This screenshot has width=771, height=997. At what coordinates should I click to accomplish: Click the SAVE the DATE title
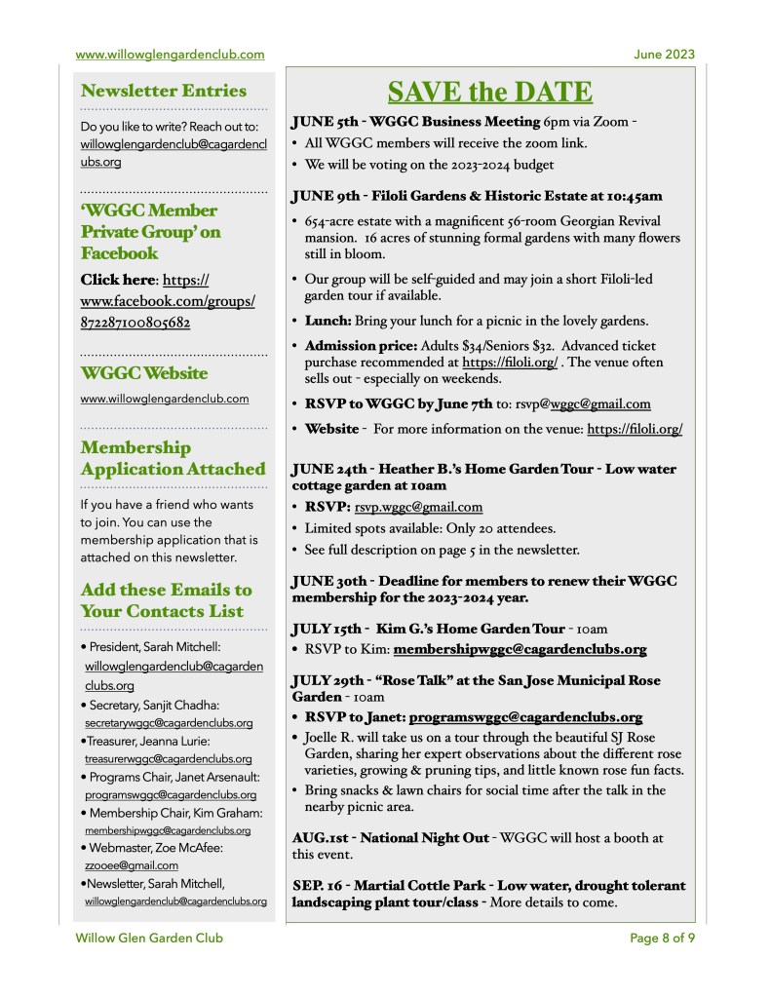[x=489, y=93]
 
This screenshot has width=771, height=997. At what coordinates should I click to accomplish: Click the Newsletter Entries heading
[x=164, y=91]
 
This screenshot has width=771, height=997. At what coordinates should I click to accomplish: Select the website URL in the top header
[x=170, y=55]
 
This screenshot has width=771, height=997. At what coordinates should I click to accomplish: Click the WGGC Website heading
[x=144, y=373]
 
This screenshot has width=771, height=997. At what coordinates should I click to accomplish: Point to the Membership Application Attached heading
[x=173, y=458]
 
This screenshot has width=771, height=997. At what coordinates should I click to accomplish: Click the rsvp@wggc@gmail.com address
[x=583, y=403]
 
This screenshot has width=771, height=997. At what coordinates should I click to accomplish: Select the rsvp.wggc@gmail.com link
[x=420, y=507]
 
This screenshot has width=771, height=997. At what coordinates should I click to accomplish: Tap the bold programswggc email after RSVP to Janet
[x=525, y=716]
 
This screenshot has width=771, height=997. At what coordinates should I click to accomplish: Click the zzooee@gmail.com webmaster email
[x=132, y=864]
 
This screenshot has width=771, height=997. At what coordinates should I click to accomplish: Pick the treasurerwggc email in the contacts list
[x=169, y=758]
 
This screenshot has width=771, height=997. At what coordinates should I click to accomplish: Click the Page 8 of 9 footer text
[x=662, y=939]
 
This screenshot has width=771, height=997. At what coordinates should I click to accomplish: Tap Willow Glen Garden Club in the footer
[x=149, y=939]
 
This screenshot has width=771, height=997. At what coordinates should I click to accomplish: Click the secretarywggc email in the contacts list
[x=169, y=723]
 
